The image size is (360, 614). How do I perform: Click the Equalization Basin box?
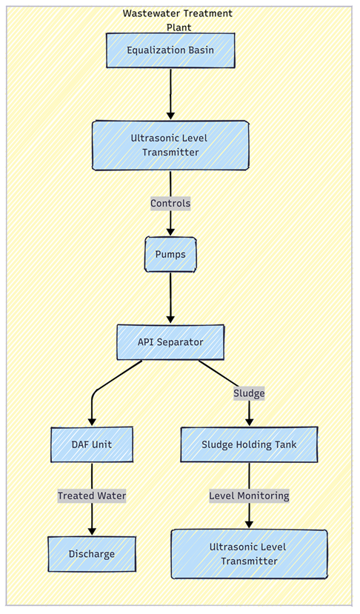170,50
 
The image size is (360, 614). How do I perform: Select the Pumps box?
170,254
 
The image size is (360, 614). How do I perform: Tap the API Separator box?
170,342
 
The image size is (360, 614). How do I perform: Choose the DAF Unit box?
92,444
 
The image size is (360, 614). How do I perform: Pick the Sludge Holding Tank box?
249,444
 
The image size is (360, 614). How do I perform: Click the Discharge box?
92,554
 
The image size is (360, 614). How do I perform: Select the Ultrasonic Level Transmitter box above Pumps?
170,145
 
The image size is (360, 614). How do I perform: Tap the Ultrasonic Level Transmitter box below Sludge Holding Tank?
249,554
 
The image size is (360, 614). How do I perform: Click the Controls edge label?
170,203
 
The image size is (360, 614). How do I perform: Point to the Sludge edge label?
249,393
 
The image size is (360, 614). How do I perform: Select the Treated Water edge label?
92,495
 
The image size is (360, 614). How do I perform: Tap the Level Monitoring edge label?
249,495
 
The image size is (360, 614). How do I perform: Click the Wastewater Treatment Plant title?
179,20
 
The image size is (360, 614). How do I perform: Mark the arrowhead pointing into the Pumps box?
170,233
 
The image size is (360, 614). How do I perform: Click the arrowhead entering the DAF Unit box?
92,422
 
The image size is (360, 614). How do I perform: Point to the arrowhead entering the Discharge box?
92,532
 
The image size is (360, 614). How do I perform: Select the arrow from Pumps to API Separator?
170,298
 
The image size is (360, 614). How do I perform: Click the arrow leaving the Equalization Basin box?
170,94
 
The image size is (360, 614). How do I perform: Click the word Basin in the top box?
202,50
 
